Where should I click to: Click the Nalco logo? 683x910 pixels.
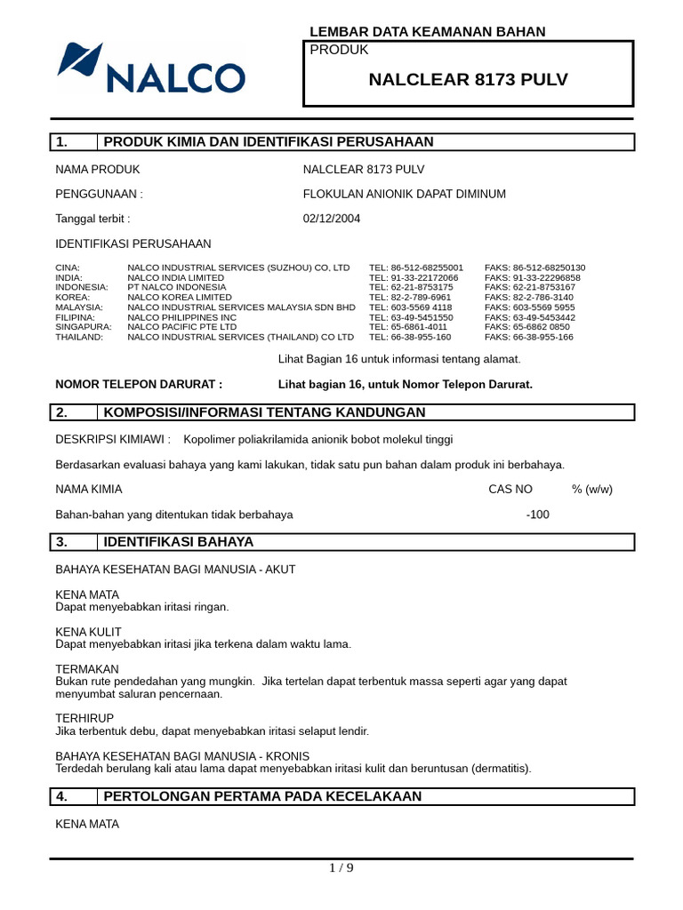click(x=150, y=68)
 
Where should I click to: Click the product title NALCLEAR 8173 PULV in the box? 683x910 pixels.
click(x=468, y=80)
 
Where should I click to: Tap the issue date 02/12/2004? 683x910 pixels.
click(x=332, y=219)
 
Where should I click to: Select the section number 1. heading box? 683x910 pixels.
click(x=75, y=142)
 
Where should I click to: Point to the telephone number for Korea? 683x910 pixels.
click(x=410, y=297)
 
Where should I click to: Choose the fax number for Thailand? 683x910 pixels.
click(x=529, y=337)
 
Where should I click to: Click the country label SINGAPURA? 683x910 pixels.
click(x=84, y=327)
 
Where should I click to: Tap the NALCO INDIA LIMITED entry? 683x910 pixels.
click(x=176, y=277)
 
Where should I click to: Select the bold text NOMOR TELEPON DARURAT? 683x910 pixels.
click(x=139, y=384)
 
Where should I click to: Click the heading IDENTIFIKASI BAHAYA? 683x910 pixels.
click(x=179, y=541)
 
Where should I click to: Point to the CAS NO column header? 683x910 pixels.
click(x=510, y=489)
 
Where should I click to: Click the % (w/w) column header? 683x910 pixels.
click(x=592, y=489)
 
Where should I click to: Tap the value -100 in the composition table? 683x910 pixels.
click(x=537, y=514)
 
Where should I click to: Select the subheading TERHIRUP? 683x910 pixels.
click(x=84, y=717)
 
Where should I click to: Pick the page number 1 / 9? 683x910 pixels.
click(x=341, y=868)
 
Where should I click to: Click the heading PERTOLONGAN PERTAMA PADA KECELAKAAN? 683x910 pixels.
click(x=262, y=796)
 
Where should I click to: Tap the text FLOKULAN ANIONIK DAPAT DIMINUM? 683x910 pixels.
click(x=405, y=194)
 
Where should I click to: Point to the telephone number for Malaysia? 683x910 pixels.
click(x=410, y=307)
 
